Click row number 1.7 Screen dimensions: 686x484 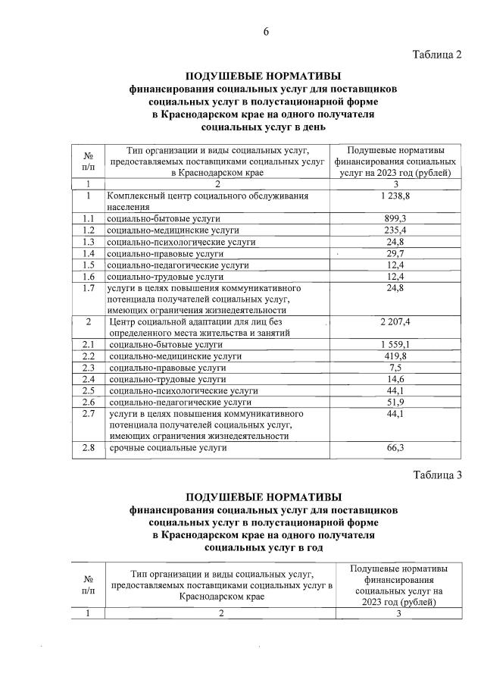pos(88,288)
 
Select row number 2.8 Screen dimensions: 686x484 pos(88,449)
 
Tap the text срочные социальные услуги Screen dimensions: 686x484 pos(167,449)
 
